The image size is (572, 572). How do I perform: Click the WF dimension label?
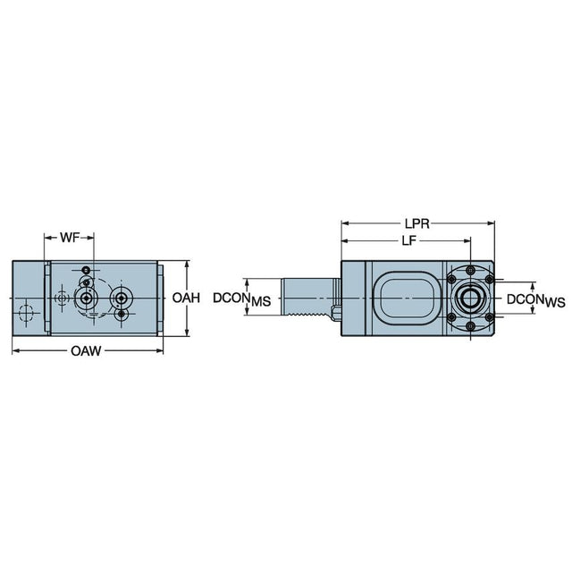pyautogui.click(x=70, y=238)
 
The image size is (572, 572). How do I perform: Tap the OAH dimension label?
pyautogui.click(x=186, y=298)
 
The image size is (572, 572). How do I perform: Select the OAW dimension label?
pyautogui.click(x=86, y=351)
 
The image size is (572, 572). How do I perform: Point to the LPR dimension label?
pyautogui.click(x=417, y=223)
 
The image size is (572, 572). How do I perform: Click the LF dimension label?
pyautogui.click(x=409, y=240)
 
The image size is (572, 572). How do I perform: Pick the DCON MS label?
pyautogui.click(x=242, y=299)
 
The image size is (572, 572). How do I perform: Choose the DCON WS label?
pyautogui.click(x=536, y=300)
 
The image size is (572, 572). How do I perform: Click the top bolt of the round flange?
pyautogui.click(x=471, y=270)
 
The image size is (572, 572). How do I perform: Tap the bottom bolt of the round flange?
pyautogui.click(x=471, y=325)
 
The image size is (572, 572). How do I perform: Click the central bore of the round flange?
pyautogui.click(x=471, y=298)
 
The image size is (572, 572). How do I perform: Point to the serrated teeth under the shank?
pyautogui.click(x=307, y=314)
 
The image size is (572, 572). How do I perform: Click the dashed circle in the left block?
pyautogui.click(x=26, y=313)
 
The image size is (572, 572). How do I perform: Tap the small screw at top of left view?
pyautogui.click(x=86, y=270)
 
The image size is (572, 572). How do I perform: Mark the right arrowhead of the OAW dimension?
pyautogui.click(x=160, y=351)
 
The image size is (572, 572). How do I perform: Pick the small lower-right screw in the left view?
pyautogui.click(x=122, y=314)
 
